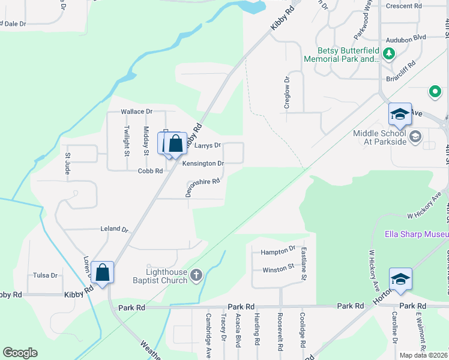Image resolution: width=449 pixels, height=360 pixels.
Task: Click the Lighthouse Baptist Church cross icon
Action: click(x=196, y=276)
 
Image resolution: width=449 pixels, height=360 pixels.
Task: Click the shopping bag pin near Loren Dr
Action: click(x=103, y=272)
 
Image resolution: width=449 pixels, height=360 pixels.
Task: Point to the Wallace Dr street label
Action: click(x=137, y=112)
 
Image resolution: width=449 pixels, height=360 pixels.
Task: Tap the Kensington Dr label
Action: click(x=203, y=163)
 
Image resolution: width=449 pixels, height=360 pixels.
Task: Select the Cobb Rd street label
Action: click(x=150, y=171)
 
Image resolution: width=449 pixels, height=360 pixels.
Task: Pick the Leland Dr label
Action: click(x=115, y=229)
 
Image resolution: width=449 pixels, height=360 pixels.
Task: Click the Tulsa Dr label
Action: click(x=46, y=276)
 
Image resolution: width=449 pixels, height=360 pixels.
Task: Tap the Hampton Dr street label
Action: click(x=278, y=248)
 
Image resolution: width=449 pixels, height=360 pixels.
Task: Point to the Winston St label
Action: click(x=277, y=266)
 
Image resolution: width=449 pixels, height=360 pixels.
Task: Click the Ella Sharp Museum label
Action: click(x=416, y=234)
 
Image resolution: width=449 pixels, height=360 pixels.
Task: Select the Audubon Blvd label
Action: click(x=406, y=37)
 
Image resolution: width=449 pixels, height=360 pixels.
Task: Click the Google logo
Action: click(x=20, y=353)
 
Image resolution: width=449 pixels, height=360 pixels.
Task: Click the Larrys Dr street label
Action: click(x=208, y=145)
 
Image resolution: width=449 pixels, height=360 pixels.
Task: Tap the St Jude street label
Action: click(x=68, y=164)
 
